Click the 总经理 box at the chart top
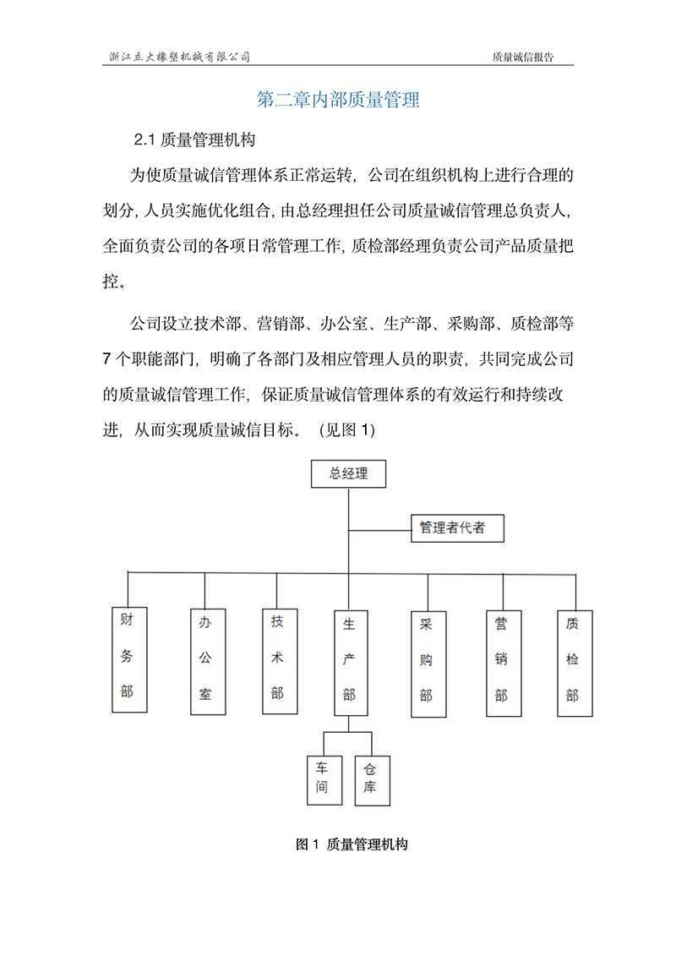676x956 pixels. click(349, 474)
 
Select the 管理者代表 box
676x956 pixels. click(457, 528)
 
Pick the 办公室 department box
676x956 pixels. click(205, 660)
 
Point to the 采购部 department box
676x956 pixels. click(426, 664)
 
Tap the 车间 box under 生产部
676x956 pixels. click(323, 778)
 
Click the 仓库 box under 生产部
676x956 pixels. click(369, 778)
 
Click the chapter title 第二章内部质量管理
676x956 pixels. click(338, 100)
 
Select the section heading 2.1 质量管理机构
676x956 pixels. click(195, 139)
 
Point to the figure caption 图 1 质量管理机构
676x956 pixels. click(352, 844)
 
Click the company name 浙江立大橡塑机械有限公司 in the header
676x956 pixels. click(181, 57)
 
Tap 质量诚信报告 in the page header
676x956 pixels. click(522, 57)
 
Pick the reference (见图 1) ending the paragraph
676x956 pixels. click(346, 430)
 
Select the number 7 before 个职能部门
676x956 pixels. click(107, 358)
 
